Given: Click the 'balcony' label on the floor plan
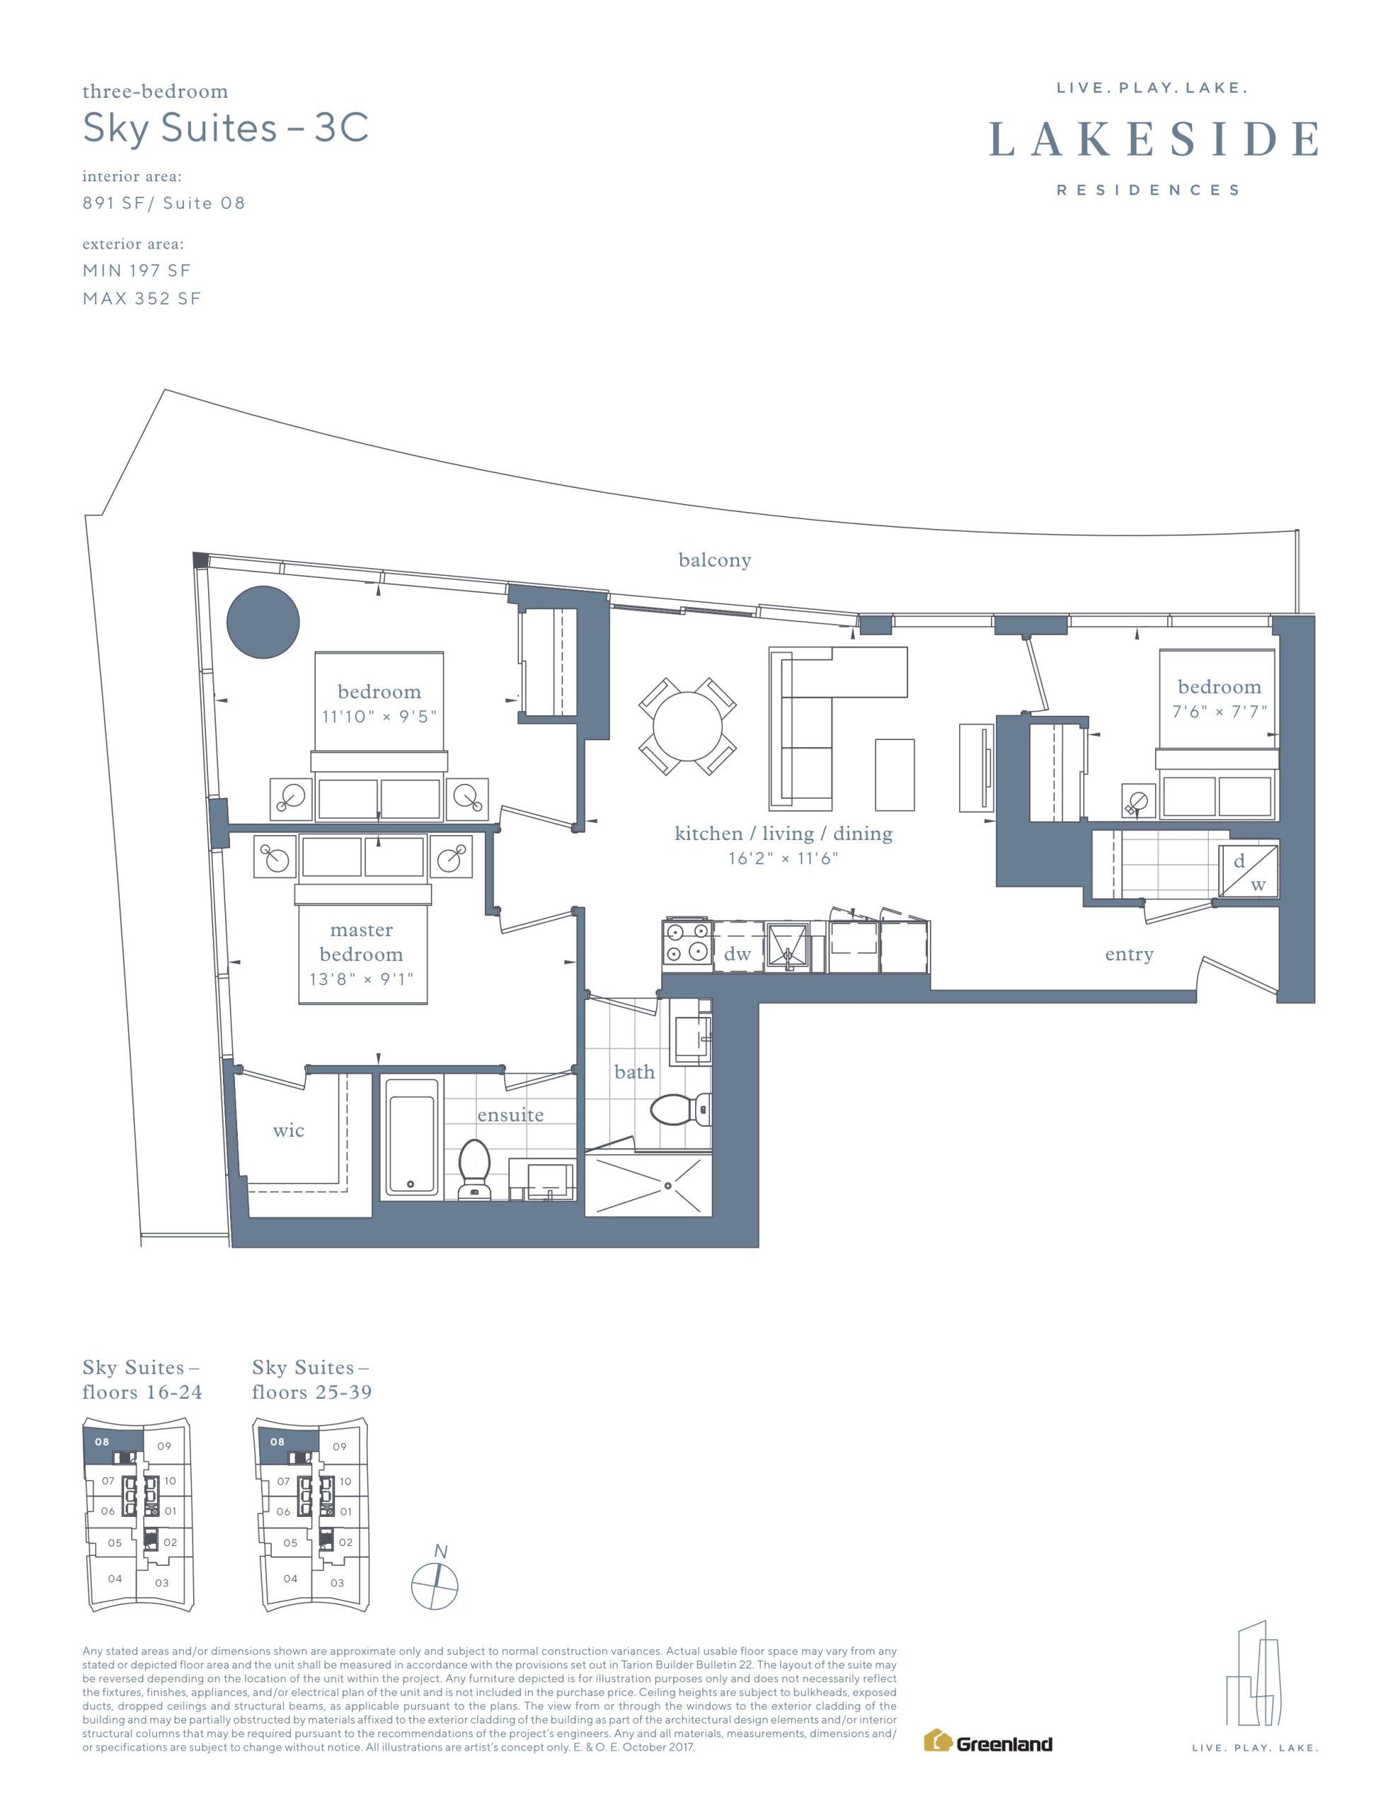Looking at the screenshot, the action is pos(715,560).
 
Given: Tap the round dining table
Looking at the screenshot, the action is pos(687,727).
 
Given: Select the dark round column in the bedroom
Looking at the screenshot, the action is pos(263,622).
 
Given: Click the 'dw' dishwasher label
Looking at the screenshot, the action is pos(737,954).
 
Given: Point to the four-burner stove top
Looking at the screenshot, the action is pos(687,945).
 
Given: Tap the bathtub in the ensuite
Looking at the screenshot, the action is pos(410,1137).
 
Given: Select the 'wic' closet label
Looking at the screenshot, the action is pos(288,1130).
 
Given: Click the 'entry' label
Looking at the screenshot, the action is pos(1129,955).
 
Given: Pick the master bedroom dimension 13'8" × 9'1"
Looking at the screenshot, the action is pos(361,979).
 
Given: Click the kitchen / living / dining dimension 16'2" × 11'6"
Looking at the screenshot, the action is pos(784,858).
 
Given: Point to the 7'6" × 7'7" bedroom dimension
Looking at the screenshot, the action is pos(1219,712).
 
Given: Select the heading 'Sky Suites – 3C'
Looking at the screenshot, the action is pos(226,128).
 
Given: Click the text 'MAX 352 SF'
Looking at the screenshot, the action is pos(142,299).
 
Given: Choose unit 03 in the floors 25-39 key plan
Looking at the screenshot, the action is pos(337,1582).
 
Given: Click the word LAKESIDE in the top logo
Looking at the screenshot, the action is pos(1154,139).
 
